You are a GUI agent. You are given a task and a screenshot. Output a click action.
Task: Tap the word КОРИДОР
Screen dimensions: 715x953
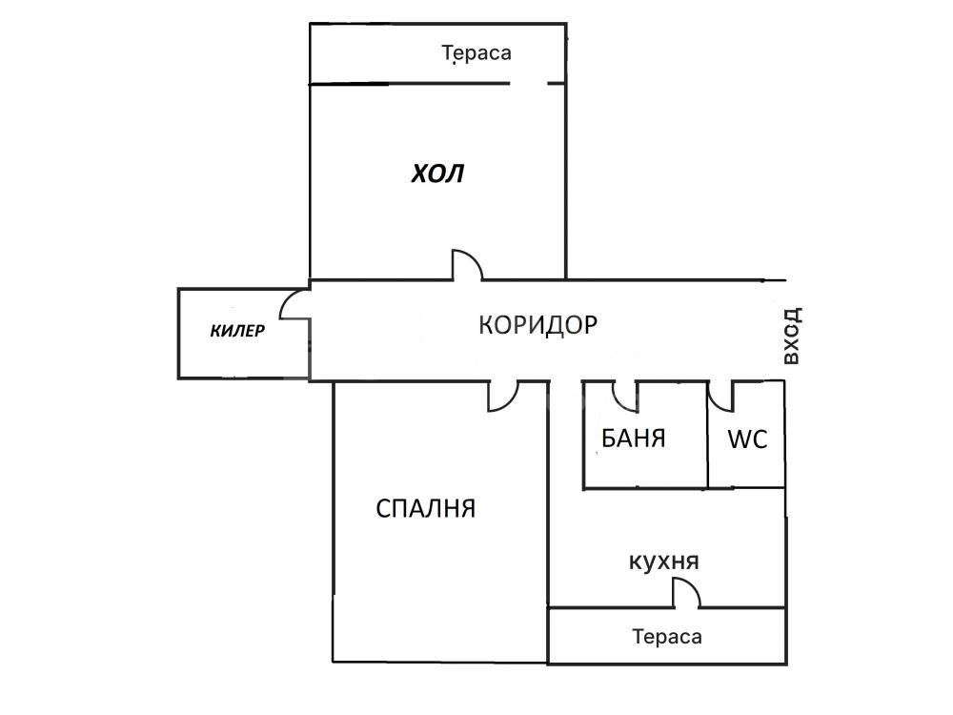pos(537,325)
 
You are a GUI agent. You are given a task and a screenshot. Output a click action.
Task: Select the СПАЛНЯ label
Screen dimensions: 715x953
pos(426,508)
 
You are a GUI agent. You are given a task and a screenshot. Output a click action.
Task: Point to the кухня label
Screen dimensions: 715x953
pos(664,562)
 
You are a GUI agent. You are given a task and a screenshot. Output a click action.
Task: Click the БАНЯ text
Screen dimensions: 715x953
pos(633,439)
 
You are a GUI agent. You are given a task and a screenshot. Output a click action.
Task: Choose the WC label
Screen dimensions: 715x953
pos(747,439)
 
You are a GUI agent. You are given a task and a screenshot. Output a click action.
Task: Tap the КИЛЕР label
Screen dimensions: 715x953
pos(237,332)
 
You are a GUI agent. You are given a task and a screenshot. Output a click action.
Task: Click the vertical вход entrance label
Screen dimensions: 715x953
pos(790,336)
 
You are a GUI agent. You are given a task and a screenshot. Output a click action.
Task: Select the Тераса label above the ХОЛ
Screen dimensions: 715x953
pos(476,53)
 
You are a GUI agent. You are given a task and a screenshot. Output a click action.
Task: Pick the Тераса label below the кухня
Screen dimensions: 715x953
pos(666,637)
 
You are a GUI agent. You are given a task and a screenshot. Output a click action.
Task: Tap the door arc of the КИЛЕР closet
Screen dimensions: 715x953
pos(294,304)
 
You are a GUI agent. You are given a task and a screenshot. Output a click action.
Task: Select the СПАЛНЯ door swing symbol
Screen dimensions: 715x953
pos(503,397)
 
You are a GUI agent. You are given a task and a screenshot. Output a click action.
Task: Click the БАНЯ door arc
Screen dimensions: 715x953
pos(626,392)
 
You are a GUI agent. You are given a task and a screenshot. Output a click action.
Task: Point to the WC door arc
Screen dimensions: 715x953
pos(721,392)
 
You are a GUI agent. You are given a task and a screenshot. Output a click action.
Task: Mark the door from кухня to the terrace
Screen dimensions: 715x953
pos(686,595)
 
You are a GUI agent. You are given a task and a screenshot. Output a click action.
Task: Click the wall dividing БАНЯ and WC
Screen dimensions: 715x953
pos(708,434)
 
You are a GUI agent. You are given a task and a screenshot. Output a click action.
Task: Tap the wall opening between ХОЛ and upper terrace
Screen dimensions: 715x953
pos(530,85)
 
